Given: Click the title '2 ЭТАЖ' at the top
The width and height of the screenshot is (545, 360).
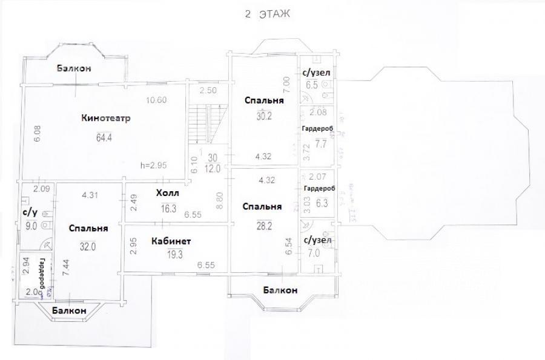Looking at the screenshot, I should (268, 15).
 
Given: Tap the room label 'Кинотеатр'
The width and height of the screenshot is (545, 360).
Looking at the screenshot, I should (106, 117).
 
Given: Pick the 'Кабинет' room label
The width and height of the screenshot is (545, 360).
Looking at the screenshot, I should (171, 241).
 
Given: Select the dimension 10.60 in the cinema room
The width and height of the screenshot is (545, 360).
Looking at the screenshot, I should (156, 100).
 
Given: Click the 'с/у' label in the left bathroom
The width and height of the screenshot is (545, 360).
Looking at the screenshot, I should (30, 213).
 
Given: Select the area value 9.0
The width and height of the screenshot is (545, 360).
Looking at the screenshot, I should (31, 227).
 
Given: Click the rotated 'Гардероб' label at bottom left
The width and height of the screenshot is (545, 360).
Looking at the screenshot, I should (43, 275).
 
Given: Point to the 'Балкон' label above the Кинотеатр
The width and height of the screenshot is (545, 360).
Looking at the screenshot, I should (74, 68).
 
